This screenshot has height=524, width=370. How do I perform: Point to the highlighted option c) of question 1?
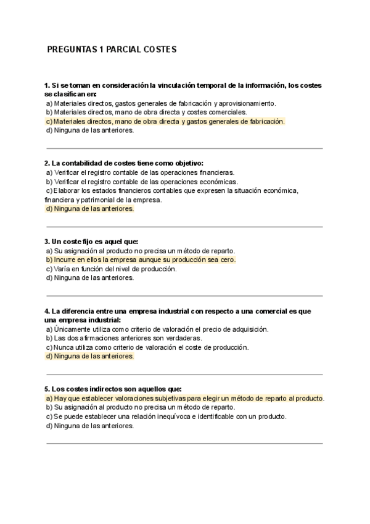pos(165,122)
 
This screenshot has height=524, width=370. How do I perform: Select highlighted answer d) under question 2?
pos(89,209)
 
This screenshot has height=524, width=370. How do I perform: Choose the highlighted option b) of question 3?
pos(141,260)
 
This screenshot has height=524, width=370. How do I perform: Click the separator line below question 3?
pos(184,296)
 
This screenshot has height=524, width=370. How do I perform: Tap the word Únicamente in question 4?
pos(75,329)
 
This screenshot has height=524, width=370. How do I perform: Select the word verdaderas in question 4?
pos(181,339)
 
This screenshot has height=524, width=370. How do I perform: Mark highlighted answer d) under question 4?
pos(89,357)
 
